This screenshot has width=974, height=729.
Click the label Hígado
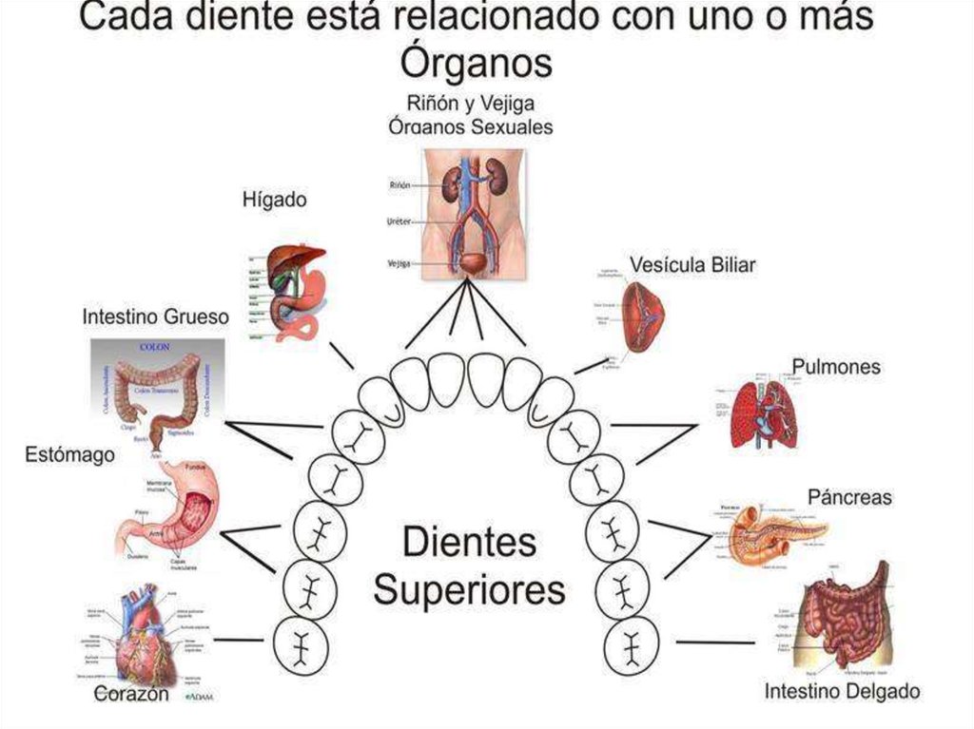275,200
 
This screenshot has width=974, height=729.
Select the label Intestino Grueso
155,317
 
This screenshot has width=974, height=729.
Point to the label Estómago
69,455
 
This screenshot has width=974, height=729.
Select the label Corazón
132,695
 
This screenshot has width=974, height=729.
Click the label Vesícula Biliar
692,265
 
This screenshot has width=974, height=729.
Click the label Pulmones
836,367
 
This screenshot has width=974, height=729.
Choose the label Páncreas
849,497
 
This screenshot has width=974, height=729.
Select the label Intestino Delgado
842,691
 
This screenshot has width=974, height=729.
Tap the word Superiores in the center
469,589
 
